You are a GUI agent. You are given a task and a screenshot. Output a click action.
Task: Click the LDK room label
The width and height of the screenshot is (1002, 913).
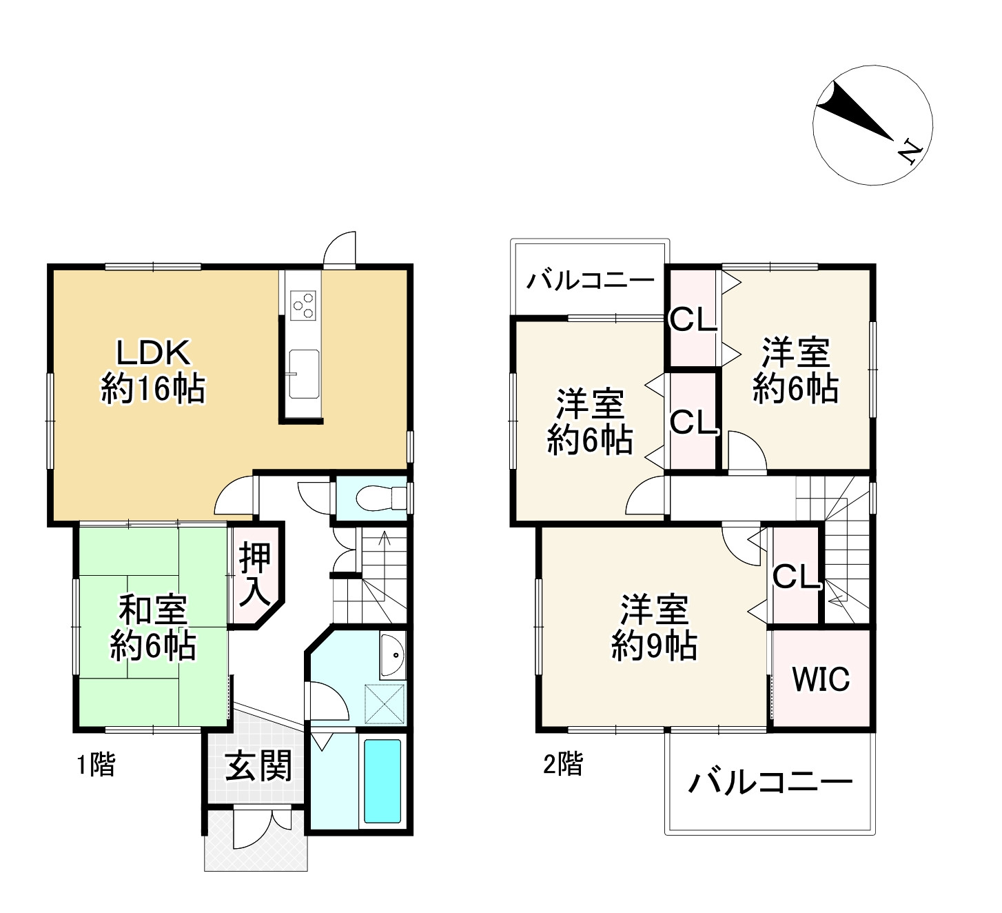(153, 370)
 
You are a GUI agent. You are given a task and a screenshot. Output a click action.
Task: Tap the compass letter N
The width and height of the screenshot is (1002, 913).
(908, 152)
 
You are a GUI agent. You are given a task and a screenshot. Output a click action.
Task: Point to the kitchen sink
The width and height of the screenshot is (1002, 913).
(304, 374)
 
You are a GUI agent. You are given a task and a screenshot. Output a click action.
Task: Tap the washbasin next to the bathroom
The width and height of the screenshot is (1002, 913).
(393, 656)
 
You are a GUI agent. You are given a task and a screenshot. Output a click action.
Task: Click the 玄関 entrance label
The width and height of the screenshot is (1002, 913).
(258, 765)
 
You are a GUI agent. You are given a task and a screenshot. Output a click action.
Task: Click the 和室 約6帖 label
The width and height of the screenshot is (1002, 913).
(153, 628)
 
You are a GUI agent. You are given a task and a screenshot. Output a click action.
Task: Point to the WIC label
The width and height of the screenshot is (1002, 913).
(821, 679)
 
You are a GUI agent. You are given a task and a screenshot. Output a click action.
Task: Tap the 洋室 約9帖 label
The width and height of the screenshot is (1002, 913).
(654, 628)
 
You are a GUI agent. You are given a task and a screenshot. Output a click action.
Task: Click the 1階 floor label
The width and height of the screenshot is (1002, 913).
(96, 765)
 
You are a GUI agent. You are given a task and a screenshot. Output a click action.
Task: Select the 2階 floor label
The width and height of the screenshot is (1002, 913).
(563, 764)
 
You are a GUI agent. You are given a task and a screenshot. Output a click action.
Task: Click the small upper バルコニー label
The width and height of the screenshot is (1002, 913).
(591, 279)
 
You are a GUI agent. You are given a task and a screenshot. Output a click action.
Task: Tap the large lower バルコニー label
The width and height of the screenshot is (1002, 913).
(770, 783)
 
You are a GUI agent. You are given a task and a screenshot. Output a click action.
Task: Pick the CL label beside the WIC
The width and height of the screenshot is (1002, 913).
(796, 577)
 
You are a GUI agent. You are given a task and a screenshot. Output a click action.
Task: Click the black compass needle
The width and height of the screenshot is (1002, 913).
(855, 112)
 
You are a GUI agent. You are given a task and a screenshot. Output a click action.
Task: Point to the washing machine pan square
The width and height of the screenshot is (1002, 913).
(384, 703)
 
